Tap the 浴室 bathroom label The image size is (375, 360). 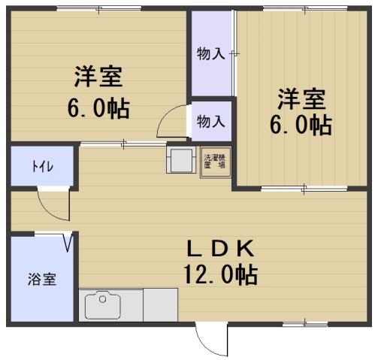[42, 279]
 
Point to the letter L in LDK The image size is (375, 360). [194, 247]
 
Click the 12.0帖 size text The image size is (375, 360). [220, 274]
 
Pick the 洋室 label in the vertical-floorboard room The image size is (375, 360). [301, 98]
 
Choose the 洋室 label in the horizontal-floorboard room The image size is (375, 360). [98, 77]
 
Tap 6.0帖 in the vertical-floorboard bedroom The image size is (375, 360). [301, 124]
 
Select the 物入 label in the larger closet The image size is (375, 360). [210, 54]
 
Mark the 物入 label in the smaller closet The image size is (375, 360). [210, 120]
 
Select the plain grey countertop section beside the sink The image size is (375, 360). [159, 305]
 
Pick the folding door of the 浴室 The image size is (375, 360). [70, 242]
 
